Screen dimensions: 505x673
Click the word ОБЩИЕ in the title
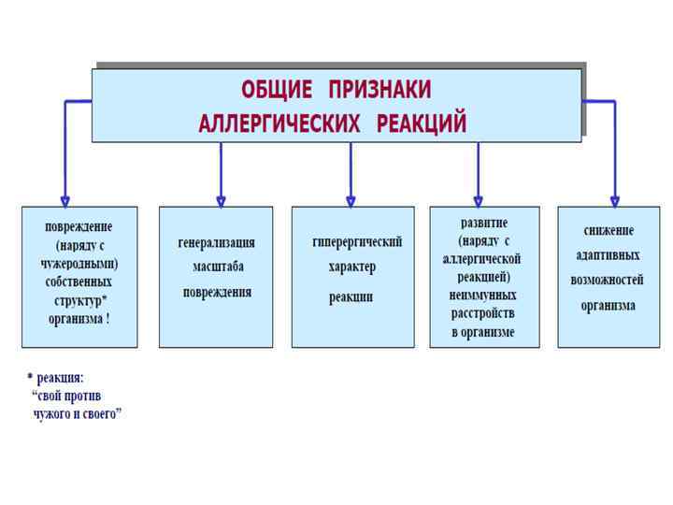point(276,90)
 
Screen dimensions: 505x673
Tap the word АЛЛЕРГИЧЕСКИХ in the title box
point(279,123)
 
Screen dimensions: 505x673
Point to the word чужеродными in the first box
point(79,263)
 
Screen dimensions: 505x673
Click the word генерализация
point(216,243)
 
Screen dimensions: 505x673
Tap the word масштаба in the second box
point(216,267)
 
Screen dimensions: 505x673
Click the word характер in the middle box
point(351,267)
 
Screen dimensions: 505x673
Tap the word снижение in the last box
point(609,230)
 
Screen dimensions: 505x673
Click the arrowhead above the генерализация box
point(221,199)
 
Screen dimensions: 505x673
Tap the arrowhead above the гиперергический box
point(351,199)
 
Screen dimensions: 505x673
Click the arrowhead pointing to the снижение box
point(614,199)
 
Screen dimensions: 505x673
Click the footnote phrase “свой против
point(66,396)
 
